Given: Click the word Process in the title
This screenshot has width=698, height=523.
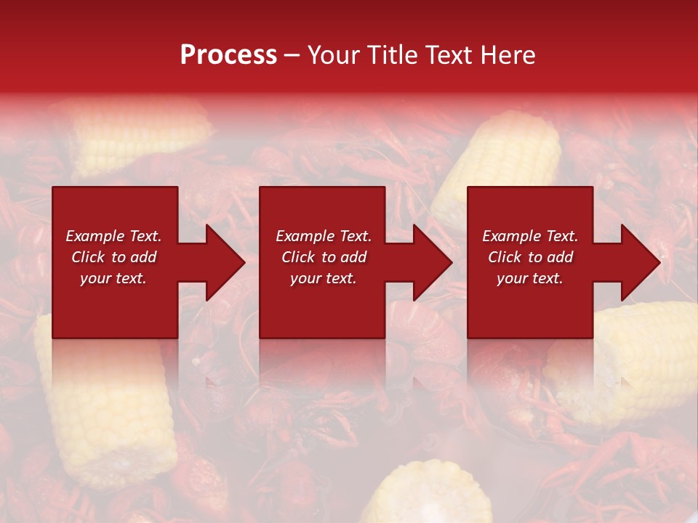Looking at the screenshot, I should tap(228, 55).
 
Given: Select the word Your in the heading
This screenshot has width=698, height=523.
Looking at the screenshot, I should tap(334, 55).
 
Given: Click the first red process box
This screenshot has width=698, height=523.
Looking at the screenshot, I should tap(115, 305).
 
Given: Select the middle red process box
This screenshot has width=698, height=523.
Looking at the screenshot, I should tap(322, 305).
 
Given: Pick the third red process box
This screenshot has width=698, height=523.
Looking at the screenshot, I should tap(529, 305).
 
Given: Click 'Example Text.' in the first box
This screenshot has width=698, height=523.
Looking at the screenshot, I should tap(113, 236).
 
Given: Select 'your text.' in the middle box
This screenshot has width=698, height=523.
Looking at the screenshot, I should tap(323, 278).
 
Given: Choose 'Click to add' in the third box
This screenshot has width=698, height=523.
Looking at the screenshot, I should tap(530, 257).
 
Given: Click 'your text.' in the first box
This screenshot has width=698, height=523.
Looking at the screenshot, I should tap(113, 278).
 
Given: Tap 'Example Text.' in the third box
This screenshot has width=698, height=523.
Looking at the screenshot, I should tap(530, 236).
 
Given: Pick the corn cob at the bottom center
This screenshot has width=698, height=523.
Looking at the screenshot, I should tap(429, 494).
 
